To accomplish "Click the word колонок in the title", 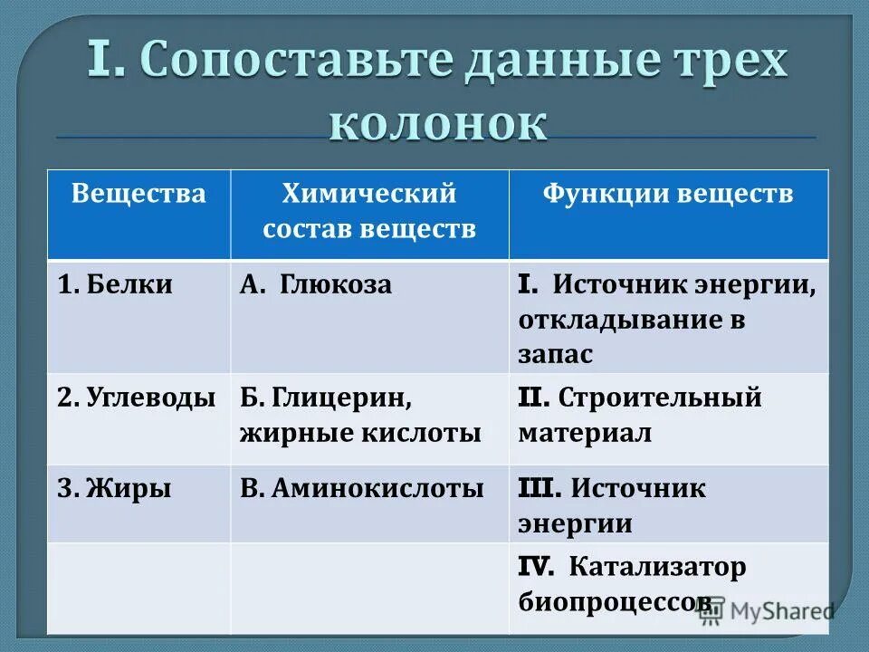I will click(x=438, y=123).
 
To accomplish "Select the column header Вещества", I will click(x=138, y=194).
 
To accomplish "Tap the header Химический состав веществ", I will click(x=369, y=210).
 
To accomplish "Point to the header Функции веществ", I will click(x=668, y=194).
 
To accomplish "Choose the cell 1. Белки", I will click(x=115, y=284).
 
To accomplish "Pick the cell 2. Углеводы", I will click(x=137, y=398).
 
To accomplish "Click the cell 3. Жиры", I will click(x=114, y=489).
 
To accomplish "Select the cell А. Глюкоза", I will click(x=316, y=284).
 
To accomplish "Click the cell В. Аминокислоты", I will click(x=361, y=489).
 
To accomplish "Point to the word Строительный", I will click(x=660, y=398).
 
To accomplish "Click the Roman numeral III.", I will click(x=540, y=489).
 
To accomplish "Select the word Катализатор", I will click(x=658, y=568).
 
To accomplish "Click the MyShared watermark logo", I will click(x=766, y=611).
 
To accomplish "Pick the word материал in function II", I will click(x=585, y=433).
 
